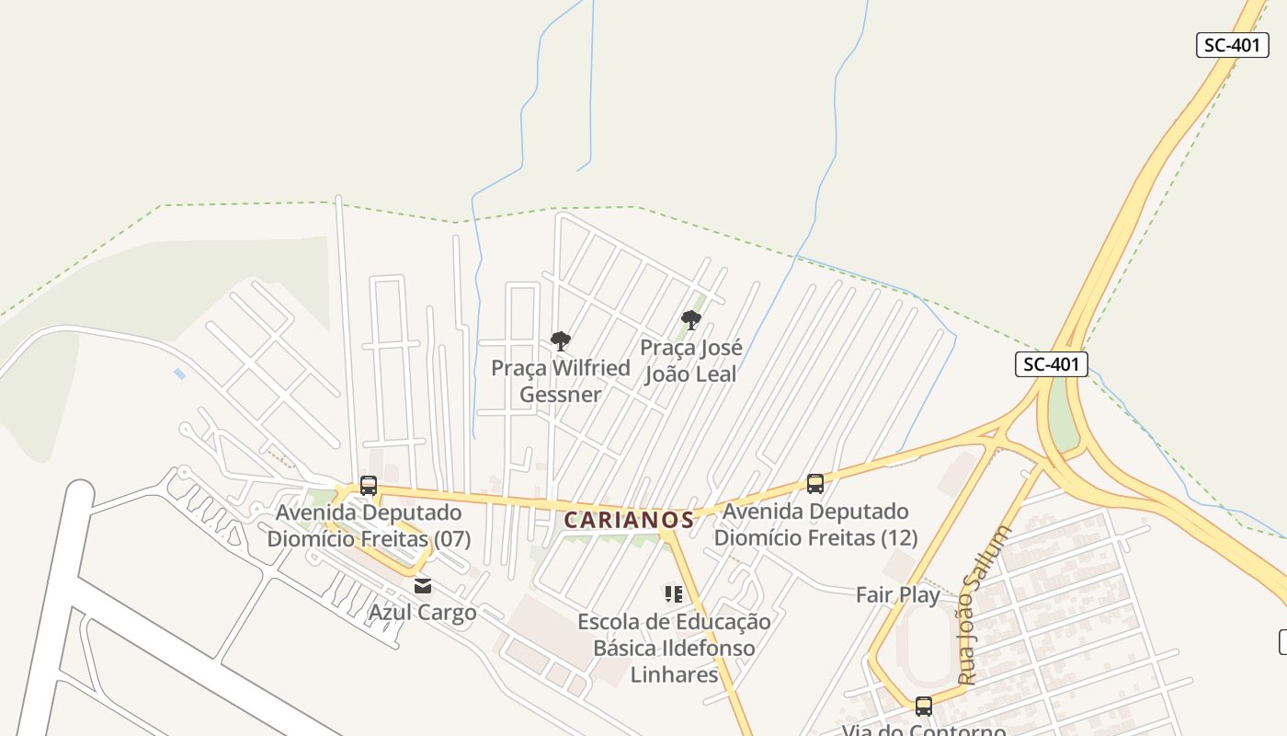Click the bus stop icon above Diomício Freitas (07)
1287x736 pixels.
tap(369, 485)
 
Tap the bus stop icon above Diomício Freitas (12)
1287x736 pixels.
tap(815, 483)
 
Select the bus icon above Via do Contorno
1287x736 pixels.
tap(924, 706)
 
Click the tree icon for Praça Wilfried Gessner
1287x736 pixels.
tap(560, 341)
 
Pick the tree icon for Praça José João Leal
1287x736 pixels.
tap(691, 320)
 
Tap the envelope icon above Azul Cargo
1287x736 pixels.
tap(423, 585)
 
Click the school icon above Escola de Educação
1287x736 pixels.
tap(674, 594)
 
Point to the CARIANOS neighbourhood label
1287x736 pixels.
tap(629, 520)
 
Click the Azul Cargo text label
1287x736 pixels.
tap(423, 613)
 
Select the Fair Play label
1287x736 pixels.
tap(898, 595)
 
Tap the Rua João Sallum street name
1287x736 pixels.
tap(983, 604)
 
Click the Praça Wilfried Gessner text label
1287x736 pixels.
tap(561, 381)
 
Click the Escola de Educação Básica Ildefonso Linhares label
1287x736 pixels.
tap(674, 648)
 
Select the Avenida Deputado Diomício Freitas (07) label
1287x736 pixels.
tap(369, 524)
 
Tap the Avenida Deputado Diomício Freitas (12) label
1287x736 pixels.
tap(815, 524)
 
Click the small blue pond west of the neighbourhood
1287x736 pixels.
tap(179, 374)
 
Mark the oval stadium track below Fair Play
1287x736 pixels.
tap(926, 644)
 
